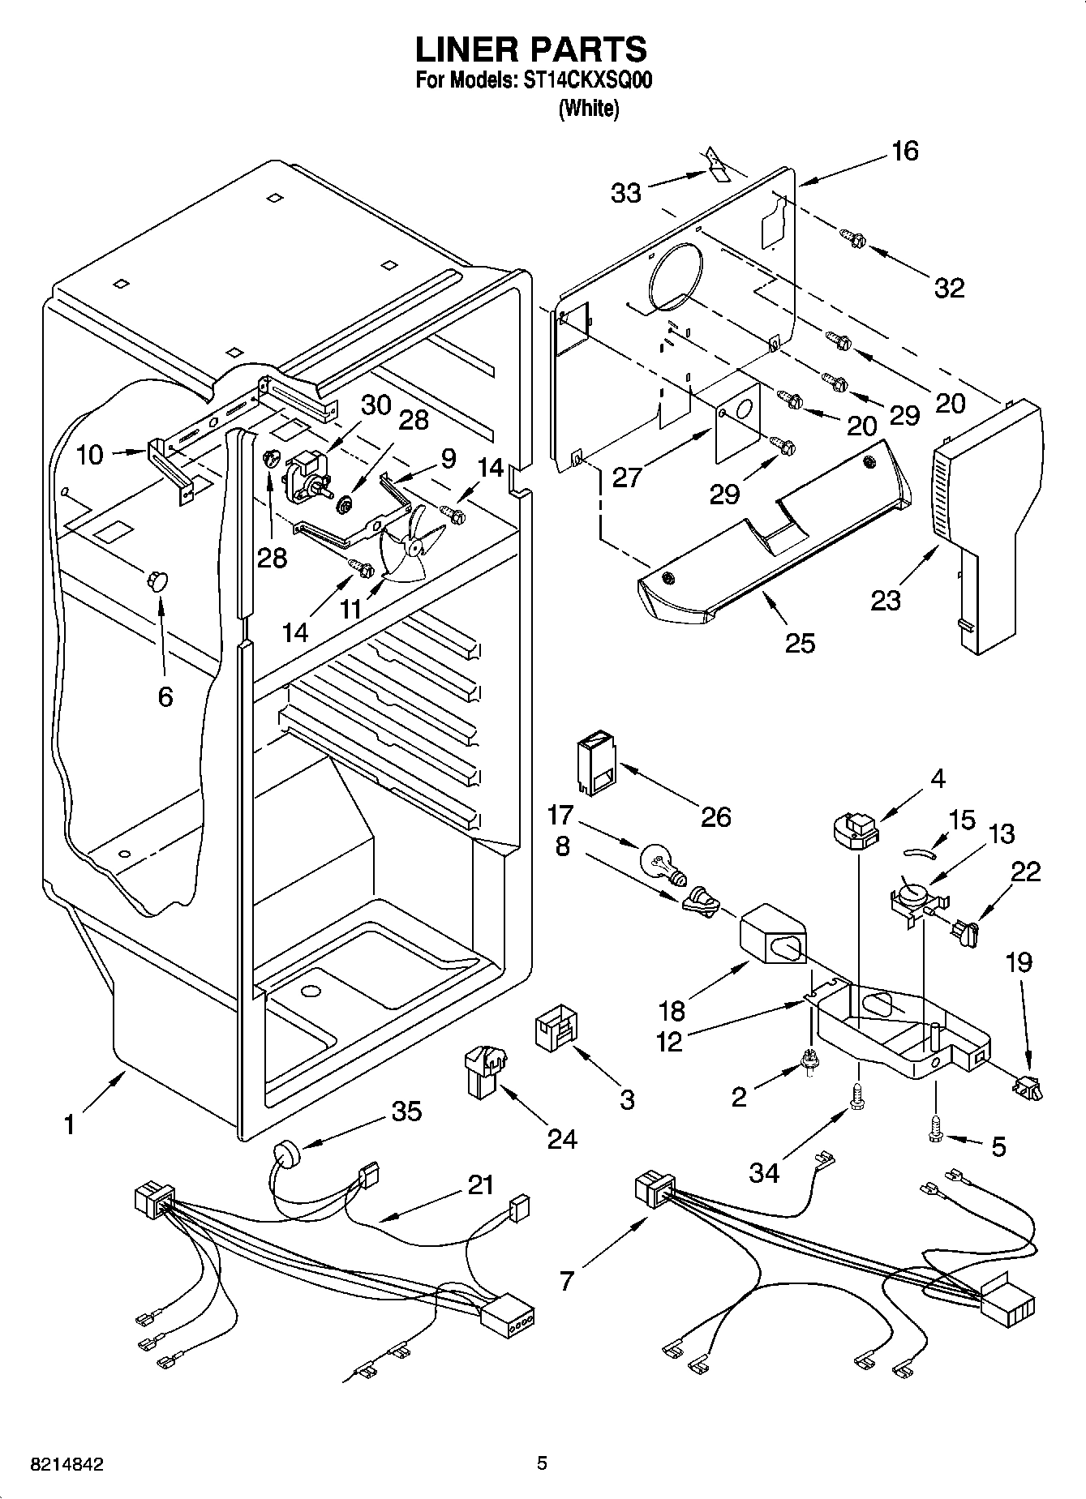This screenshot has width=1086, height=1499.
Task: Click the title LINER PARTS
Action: coord(531,49)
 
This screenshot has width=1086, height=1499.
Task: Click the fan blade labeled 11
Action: coord(412,546)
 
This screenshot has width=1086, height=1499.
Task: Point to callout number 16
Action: coord(905,151)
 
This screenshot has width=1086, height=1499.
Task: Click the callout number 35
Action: coord(406,1111)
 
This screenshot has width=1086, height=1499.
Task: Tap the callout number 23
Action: coord(886,601)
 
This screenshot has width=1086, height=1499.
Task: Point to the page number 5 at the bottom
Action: coord(542,1463)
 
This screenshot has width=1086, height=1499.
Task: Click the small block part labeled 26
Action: coord(596,763)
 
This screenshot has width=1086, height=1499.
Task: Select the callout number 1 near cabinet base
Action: coord(70,1125)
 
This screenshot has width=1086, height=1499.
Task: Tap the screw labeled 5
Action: coord(934,1129)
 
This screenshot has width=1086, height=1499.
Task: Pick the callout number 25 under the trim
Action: coord(800,643)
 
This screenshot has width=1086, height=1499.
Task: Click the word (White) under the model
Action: coord(589,109)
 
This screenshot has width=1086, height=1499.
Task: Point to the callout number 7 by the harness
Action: coord(567,1280)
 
